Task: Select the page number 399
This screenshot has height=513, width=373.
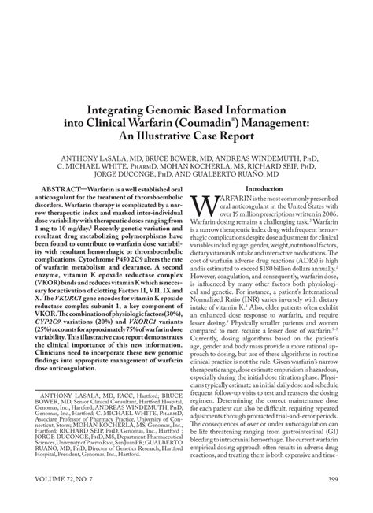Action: pos(335,500)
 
